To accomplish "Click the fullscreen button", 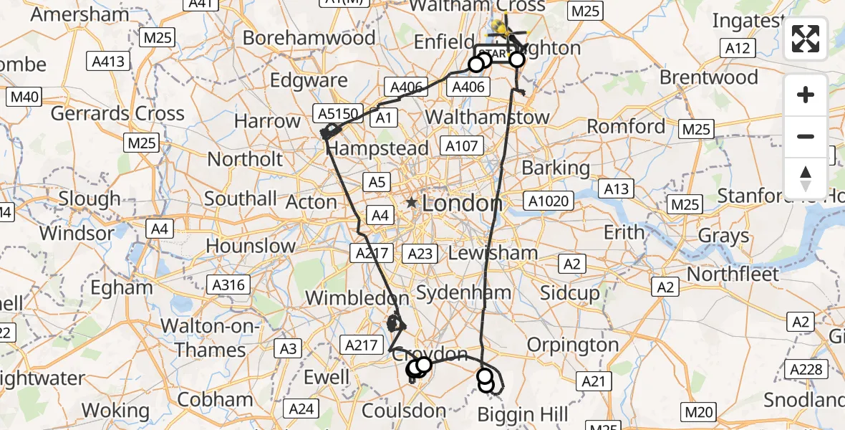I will (x=806, y=39).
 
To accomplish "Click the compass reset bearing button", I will (x=806, y=178).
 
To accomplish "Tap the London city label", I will (x=462, y=204).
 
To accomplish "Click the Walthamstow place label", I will (x=497, y=117).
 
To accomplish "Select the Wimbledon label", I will (x=357, y=297).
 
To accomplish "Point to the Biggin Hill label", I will (x=523, y=414).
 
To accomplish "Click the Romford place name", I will (x=626, y=127).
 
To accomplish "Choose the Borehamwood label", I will (x=299, y=37).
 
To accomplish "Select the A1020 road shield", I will (x=551, y=201).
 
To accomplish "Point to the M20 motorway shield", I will (x=698, y=411).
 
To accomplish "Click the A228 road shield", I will (x=806, y=369).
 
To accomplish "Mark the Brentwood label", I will (x=708, y=77).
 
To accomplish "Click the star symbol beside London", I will (x=412, y=204).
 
